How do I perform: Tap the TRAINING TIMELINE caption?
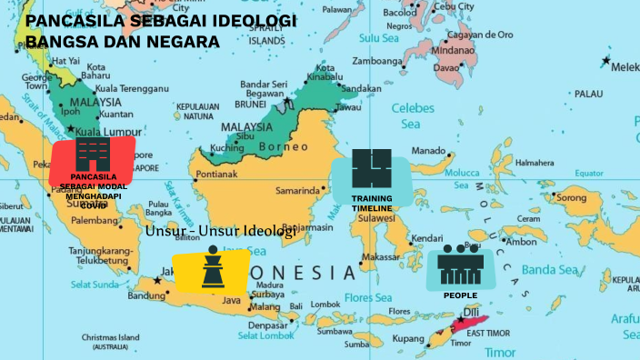click(372, 203)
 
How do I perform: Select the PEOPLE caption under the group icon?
click(460, 295)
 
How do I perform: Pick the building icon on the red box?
click(92, 153)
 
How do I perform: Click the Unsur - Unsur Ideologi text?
click(220, 231)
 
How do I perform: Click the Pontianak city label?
click(216, 174)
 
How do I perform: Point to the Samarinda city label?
click(298, 191)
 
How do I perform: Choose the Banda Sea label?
click(550, 269)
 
